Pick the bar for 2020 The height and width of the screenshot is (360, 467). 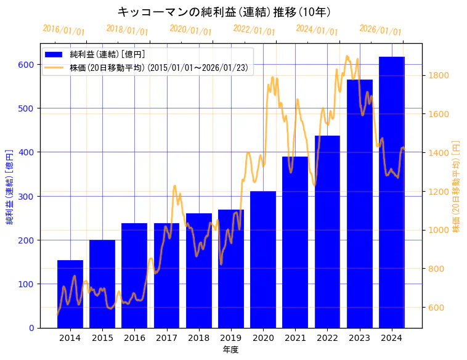263,260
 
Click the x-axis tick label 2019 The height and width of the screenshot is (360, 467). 230,338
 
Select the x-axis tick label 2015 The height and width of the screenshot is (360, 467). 102,338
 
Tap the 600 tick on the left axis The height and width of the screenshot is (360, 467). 26,64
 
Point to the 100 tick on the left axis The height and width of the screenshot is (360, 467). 26,284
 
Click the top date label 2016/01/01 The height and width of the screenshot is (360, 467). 64,30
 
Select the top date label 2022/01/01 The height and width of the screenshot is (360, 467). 254,30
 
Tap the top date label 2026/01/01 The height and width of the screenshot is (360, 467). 380,30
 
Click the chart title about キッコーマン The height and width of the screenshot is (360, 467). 224,12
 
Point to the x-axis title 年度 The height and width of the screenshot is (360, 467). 230,350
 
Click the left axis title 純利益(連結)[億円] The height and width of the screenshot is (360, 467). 10,186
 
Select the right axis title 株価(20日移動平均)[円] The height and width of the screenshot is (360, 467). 456,186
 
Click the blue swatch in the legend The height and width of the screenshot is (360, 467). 54,54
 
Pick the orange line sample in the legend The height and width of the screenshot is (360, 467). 54,68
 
